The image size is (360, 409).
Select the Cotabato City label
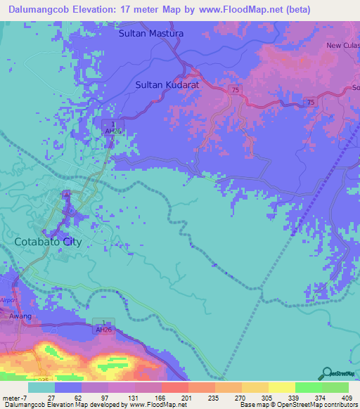tap(48, 242)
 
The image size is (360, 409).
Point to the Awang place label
tap(20, 316)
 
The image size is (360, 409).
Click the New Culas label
tap(342, 46)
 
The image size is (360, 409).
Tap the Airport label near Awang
tap(8, 299)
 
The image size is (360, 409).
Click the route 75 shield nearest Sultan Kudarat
tap(235, 90)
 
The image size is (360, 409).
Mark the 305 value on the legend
tap(257, 396)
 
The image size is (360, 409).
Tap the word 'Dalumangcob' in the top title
tap(43, 8)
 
